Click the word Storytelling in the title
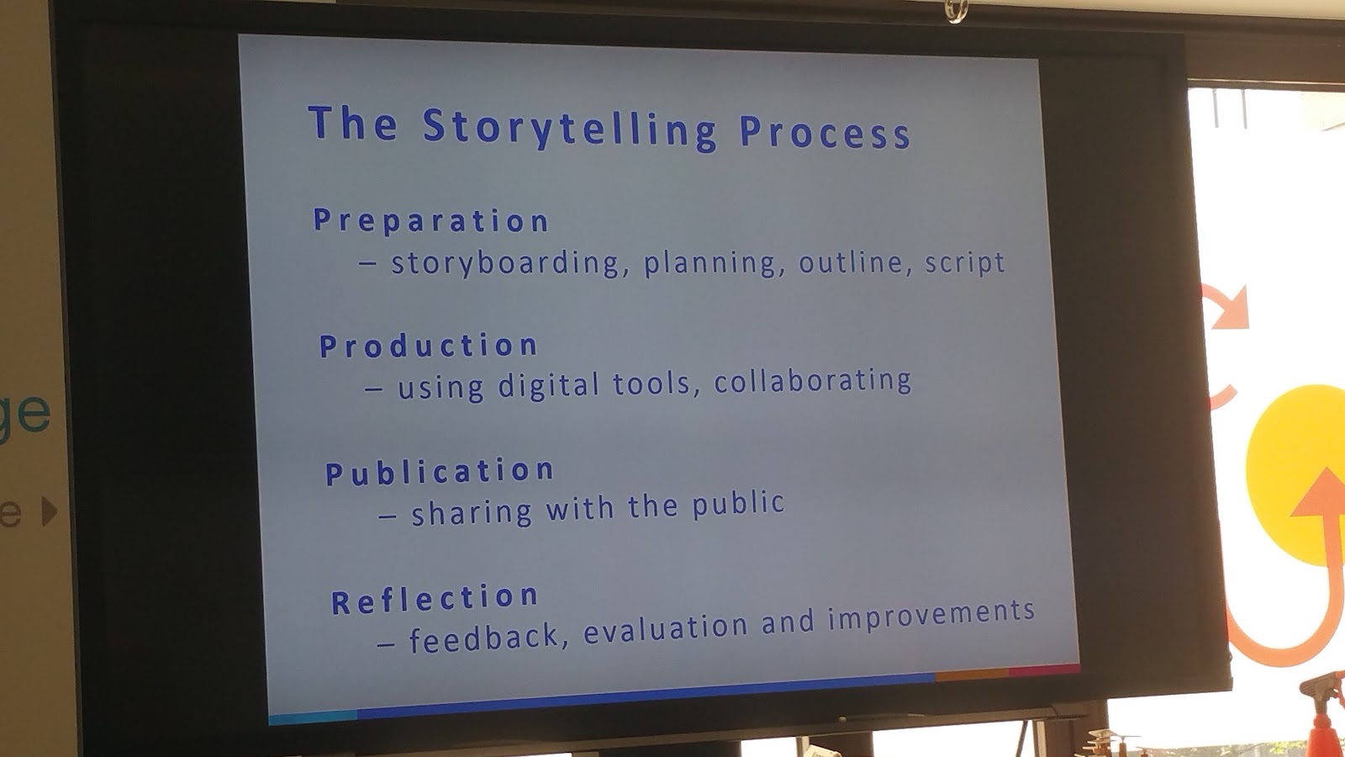click(x=569, y=129)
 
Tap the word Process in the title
click(x=825, y=132)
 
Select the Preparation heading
click(x=430, y=220)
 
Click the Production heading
click(x=428, y=346)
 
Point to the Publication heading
click(x=439, y=472)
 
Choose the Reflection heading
click(x=434, y=599)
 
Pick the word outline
click(x=852, y=262)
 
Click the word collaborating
click(x=812, y=381)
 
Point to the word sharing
click(x=472, y=512)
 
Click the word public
click(x=738, y=503)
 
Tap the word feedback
click(x=484, y=637)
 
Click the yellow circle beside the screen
click(x=1297, y=474)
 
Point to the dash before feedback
click(x=386, y=644)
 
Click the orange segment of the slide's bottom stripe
click(x=971, y=674)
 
